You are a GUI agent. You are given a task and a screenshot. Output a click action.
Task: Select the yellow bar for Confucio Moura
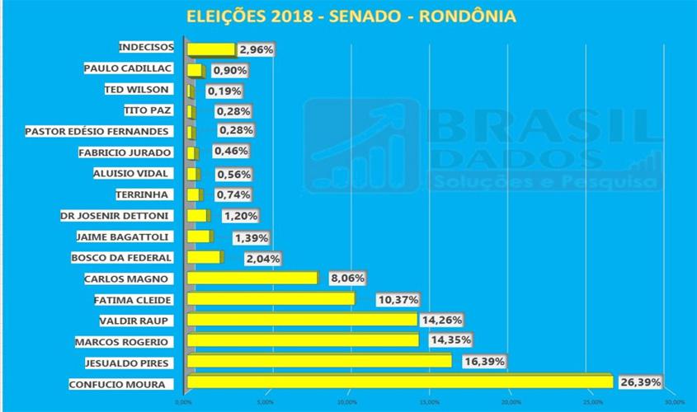pyautogui.click(x=400, y=382)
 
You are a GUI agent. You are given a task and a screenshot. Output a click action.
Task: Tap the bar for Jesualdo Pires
pyautogui.click(x=319, y=361)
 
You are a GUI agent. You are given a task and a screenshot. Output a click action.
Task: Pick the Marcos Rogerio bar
pyautogui.click(x=303, y=340)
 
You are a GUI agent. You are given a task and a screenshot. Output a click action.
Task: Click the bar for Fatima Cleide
pyautogui.click(x=271, y=298)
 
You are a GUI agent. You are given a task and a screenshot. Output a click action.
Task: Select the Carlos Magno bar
pyautogui.click(x=252, y=278)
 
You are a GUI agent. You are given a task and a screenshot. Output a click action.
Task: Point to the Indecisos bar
pyautogui.click(x=211, y=49)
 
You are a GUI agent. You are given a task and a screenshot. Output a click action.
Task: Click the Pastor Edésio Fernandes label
pyautogui.click(x=97, y=132)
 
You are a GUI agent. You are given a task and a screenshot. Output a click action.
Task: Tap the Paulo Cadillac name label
pyautogui.click(x=127, y=69)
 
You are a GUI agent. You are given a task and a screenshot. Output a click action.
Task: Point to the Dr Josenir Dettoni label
pyautogui.click(x=115, y=215)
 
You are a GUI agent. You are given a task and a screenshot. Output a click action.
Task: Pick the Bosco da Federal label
pyautogui.click(x=123, y=257)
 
